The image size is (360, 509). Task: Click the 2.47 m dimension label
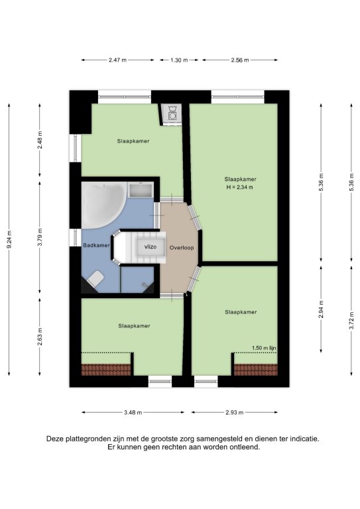(x=117, y=60)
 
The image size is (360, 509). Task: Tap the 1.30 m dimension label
(x=179, y=60)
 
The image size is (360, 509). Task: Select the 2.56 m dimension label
(x=240, y=60)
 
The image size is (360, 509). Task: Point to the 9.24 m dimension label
(x=9, y=239)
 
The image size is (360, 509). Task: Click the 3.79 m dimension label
(x=40, y=237)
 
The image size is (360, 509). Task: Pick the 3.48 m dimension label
(x=133, y=413)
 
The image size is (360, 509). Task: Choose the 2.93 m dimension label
(x=235, y=413)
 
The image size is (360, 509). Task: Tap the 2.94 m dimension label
(x=321, y=310)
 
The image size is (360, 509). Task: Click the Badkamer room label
(x=96, y=245)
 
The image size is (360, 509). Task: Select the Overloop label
(x=182, y=248)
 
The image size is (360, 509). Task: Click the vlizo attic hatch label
(x=150, y=247)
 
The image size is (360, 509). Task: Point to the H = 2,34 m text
(x=239, y=187)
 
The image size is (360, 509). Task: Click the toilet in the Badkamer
(x=95, y=278)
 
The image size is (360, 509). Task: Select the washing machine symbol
(x=172, y=112)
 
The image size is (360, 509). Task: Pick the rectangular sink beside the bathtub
(x=141, y=190)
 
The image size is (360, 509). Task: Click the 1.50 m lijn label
(x=264, y=348)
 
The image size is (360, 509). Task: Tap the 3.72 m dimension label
(x=351, y=320)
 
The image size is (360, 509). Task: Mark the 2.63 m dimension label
(x=40, y=337)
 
